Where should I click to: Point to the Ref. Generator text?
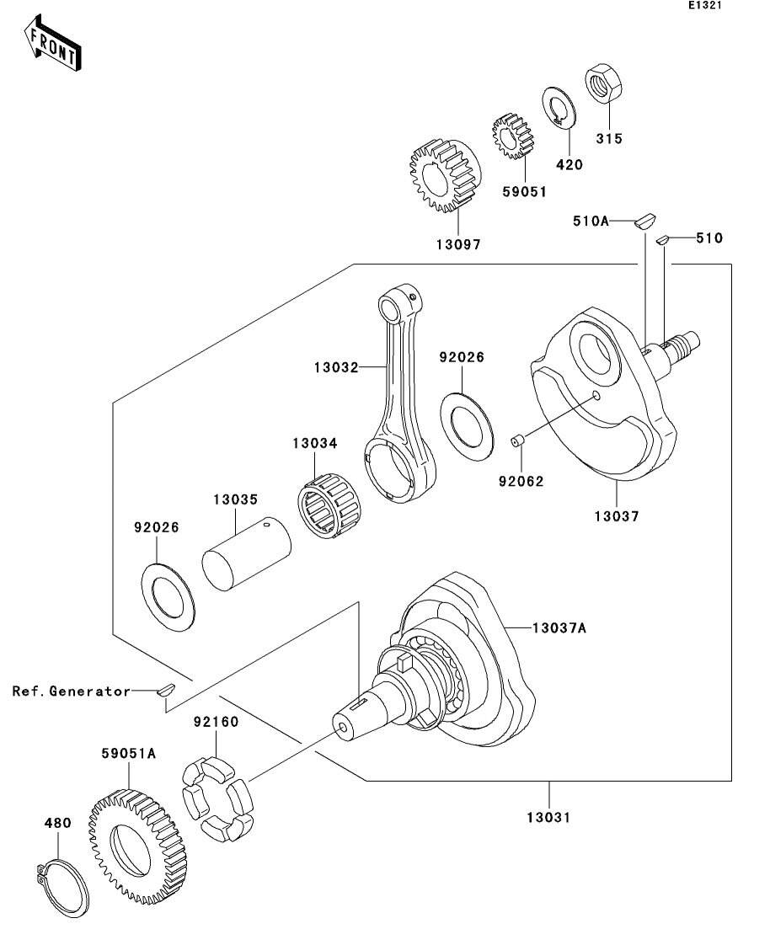[x=72, y=691]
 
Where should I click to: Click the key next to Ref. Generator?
[x=165, y=691]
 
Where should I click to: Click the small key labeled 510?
[x=662, y=239]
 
